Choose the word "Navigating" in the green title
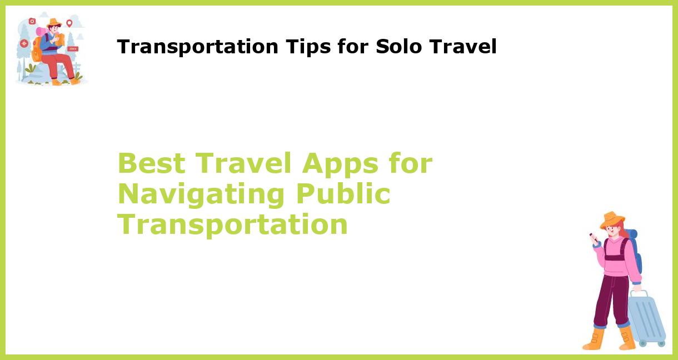(201, 194)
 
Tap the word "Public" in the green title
(343, 194)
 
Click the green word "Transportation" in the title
(232, 224)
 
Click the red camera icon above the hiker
(32, 21)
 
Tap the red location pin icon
(69, 23)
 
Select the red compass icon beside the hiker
(24, 43)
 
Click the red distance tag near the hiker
(73, 49)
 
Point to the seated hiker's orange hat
(53, 23)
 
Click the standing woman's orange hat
(612, 219)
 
